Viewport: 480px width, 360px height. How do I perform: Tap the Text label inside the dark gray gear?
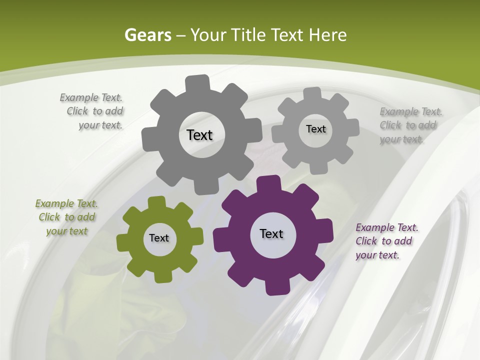(199, 135)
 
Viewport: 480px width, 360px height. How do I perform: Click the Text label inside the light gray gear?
(315, 129)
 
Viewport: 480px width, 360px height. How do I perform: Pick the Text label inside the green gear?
(159, 238)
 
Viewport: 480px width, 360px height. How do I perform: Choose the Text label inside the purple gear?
(271, 233)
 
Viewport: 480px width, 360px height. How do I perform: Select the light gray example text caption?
(410, 125)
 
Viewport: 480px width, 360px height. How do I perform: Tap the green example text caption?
(66, 217)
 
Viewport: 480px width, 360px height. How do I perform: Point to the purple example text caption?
(386, 241)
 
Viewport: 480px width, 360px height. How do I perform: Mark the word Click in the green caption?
(49, 217)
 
